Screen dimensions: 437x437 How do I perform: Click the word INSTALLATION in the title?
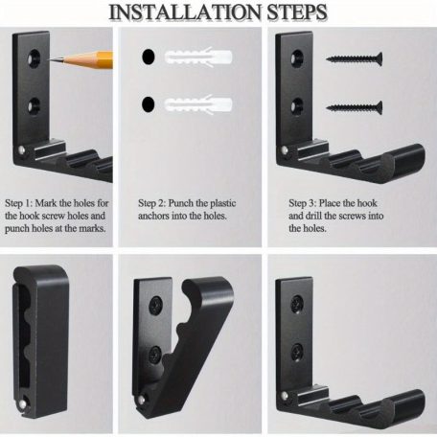click(x=186, y=12)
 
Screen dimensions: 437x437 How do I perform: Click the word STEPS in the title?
click(x=297, y=12)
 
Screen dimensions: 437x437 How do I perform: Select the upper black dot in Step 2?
click(x=149, y=57)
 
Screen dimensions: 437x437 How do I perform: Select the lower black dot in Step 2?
click(x=148, y=104)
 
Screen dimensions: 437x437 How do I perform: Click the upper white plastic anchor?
click(x=198, y=57)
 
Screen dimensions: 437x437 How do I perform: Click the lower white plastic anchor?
click(x=198, y=104)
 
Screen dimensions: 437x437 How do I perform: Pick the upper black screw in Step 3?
click(x=355, y=58)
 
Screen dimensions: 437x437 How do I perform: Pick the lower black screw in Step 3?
click(x=355, y=107)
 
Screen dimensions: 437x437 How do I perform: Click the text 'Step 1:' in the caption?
click(x=19, y=203)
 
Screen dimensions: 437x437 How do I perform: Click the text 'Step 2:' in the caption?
click(x=151, y=203)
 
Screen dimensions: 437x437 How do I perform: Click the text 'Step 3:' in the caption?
click(x=303, y=203)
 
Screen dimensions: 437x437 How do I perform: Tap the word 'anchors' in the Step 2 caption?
click(x=153, y=216)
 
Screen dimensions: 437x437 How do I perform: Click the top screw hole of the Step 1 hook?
click(x=34, y=57)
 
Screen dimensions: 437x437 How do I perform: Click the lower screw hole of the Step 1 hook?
click(x=34, y=106)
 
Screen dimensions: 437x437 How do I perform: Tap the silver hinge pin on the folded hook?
click(x=22, y=404)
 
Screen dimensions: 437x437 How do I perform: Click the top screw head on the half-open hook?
click(x=155, y=305)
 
